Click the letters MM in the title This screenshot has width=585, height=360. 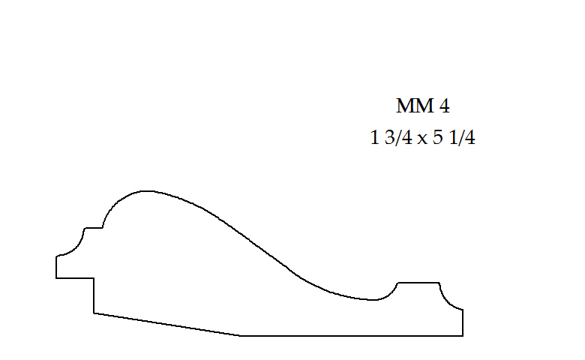tap(411, 106)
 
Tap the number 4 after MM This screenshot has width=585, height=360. tap(444, 106)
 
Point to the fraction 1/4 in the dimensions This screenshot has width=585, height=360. tap(462, 139)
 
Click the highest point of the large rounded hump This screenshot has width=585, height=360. tap(146, 190)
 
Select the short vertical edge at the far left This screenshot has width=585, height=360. tap(56, 267)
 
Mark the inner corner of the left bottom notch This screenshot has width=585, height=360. tap(94, 278)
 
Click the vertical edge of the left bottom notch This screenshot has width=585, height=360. tap(94, 295)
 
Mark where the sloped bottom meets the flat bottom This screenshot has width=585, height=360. tap(240, 336)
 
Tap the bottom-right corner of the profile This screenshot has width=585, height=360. tap(463, 336)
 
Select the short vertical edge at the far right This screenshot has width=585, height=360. tap(463, 322)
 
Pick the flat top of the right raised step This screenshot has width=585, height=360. tap(418, 282)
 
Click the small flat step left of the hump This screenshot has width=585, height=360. tap(93, 227)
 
